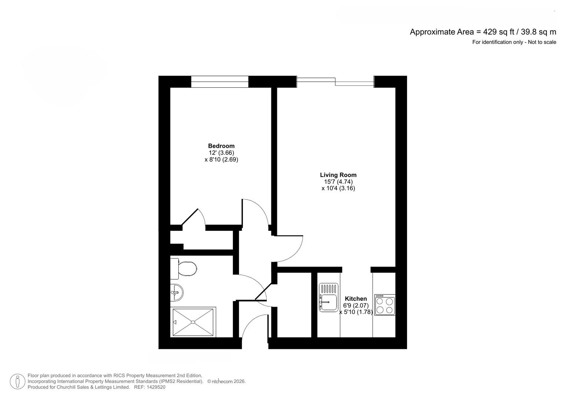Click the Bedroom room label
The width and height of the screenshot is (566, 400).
point(221,146)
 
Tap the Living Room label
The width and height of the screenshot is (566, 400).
point(338,175)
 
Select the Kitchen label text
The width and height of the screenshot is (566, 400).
point(356,299)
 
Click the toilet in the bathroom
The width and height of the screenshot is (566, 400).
point(183,269)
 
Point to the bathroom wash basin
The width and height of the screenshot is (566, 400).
point(177,293)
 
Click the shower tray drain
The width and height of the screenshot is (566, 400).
point(193,322)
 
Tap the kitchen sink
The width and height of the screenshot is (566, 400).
point(328,297)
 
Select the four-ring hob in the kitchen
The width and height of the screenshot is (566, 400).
point(385,305)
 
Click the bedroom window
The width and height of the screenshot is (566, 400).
point(219,81)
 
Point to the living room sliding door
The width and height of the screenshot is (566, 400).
point(335,81)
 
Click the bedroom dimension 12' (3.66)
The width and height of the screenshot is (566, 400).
point(221,153)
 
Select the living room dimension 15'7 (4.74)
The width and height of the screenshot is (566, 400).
point(338,181)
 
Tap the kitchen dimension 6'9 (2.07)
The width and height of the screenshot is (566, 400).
point(356,305)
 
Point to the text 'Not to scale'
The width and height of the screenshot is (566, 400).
point(542,42)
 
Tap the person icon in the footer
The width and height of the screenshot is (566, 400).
point(17,381)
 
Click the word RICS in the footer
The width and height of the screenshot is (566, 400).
point(119,376)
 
